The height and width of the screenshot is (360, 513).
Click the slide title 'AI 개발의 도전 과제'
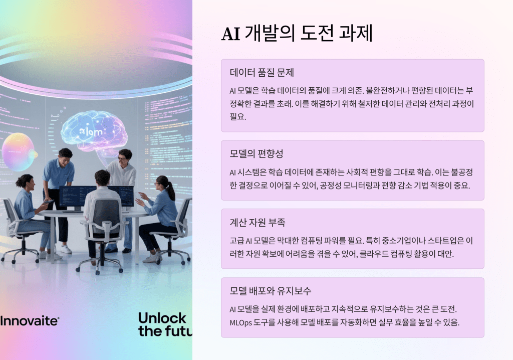[297, 33]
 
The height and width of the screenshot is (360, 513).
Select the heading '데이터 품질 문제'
[262, 72]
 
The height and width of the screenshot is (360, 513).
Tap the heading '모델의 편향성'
[256, 153]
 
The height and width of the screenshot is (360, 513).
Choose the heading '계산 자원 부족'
[258, 223]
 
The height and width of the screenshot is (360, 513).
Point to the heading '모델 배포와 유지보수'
[271, 290]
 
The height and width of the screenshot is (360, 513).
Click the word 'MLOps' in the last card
[241, 323]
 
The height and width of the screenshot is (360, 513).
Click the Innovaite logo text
[30, 321]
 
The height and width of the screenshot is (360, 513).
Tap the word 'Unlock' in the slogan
[162, 318]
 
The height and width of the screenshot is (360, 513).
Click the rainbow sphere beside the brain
[19, 152]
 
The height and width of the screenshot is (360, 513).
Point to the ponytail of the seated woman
[171, 190]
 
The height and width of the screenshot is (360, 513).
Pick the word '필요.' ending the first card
[238, 117]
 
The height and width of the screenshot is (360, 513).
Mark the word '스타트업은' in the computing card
[445, 241]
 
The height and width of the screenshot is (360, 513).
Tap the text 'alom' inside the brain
[91, 132]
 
